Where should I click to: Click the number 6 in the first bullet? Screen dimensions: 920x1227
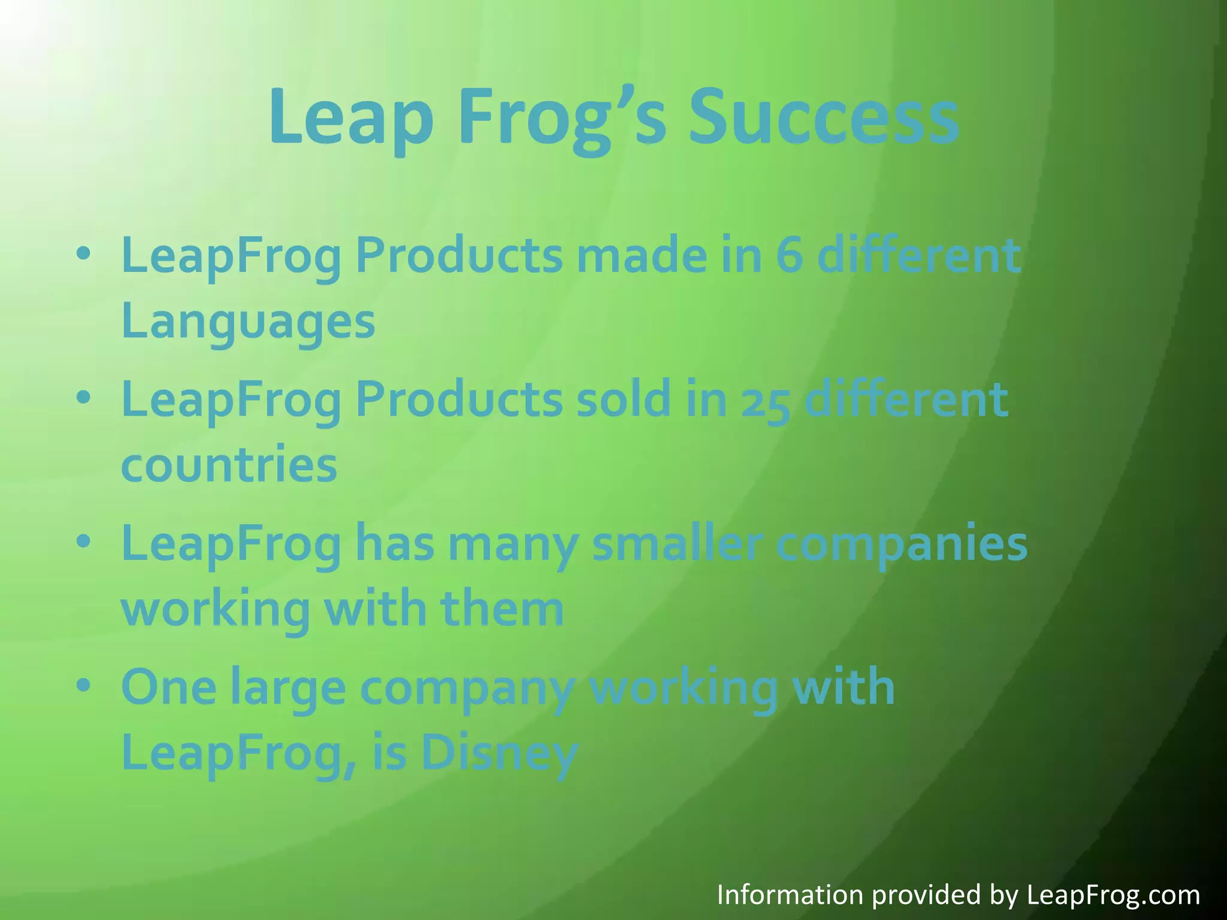pyautogui.click(x=790, y=256)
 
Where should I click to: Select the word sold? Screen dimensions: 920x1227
pyautogui.click(x=623, y=400)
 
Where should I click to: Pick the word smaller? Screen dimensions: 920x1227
pyautogui.click(x=677, y=543)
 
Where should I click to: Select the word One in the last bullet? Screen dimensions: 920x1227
pyautogui.click(x=169, y=688)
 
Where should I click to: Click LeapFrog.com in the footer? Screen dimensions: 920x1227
pyautogui.click(x=1113, y=895)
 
